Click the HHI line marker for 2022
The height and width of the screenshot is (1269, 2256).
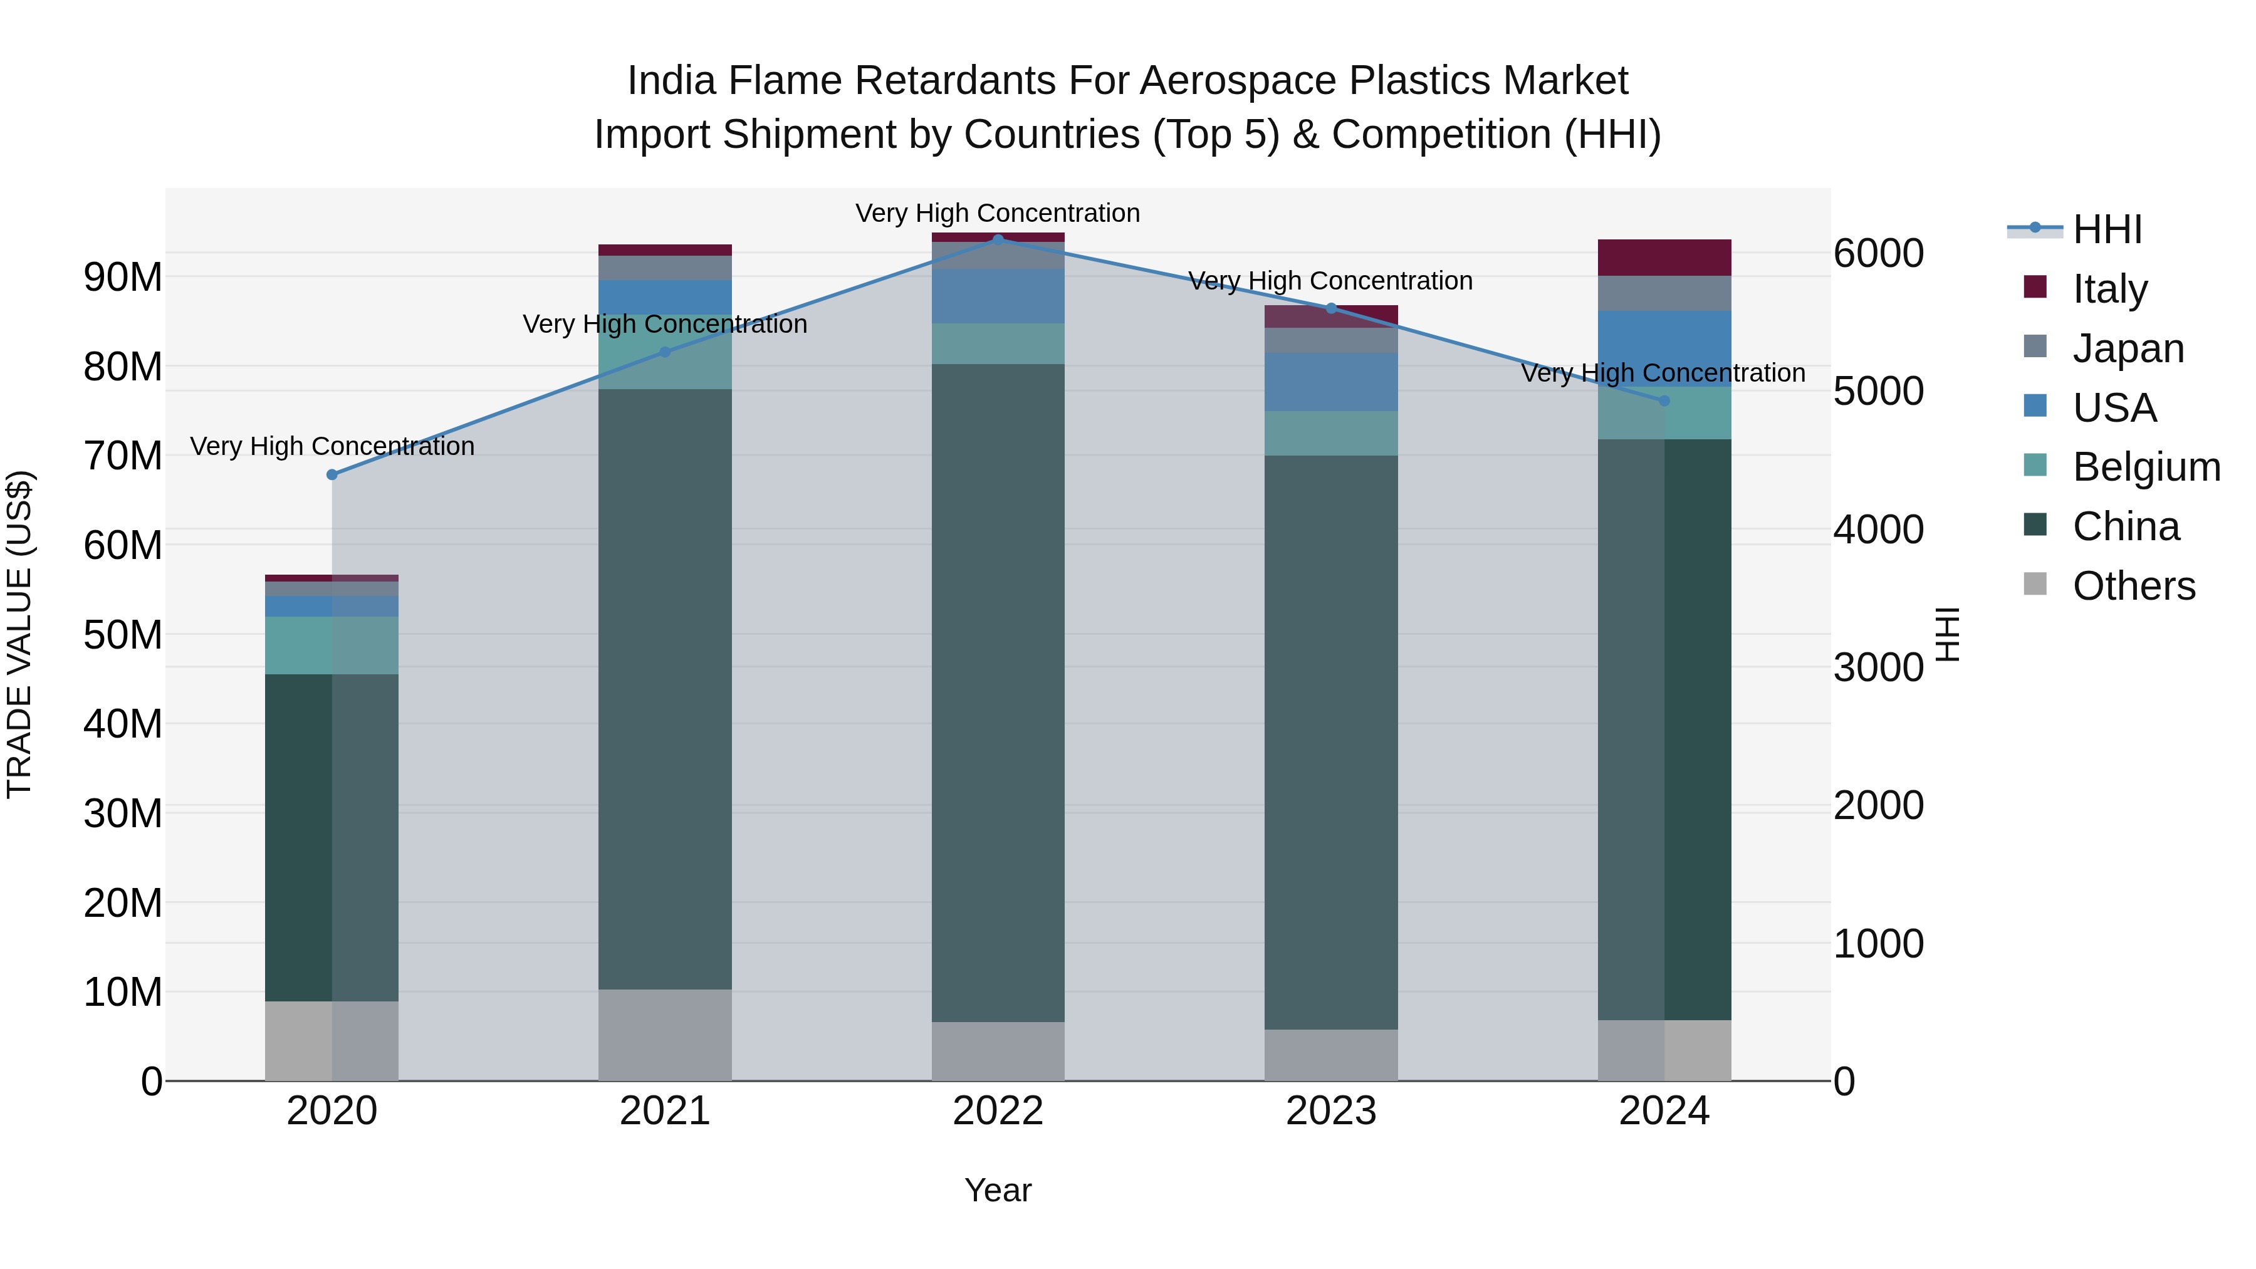(998, 240)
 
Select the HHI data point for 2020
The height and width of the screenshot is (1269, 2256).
(332, 474)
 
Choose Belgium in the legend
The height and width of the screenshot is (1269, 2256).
(2146, 467)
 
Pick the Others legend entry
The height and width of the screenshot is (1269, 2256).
(2133, 586)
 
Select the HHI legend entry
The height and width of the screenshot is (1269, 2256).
(2107, 229)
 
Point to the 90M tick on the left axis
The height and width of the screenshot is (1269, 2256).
(123, 278)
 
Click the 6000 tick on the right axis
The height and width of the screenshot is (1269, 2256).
(1879, 254)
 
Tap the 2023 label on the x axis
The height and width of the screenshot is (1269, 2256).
(1330, 1111)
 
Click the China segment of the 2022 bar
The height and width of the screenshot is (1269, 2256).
(998, 692)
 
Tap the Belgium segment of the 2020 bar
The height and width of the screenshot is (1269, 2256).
(332, 645)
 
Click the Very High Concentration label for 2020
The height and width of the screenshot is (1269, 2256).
(332, 447)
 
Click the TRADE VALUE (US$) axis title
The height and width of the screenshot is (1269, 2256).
(19, 634)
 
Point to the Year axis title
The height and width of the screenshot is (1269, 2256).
(998, 1190)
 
